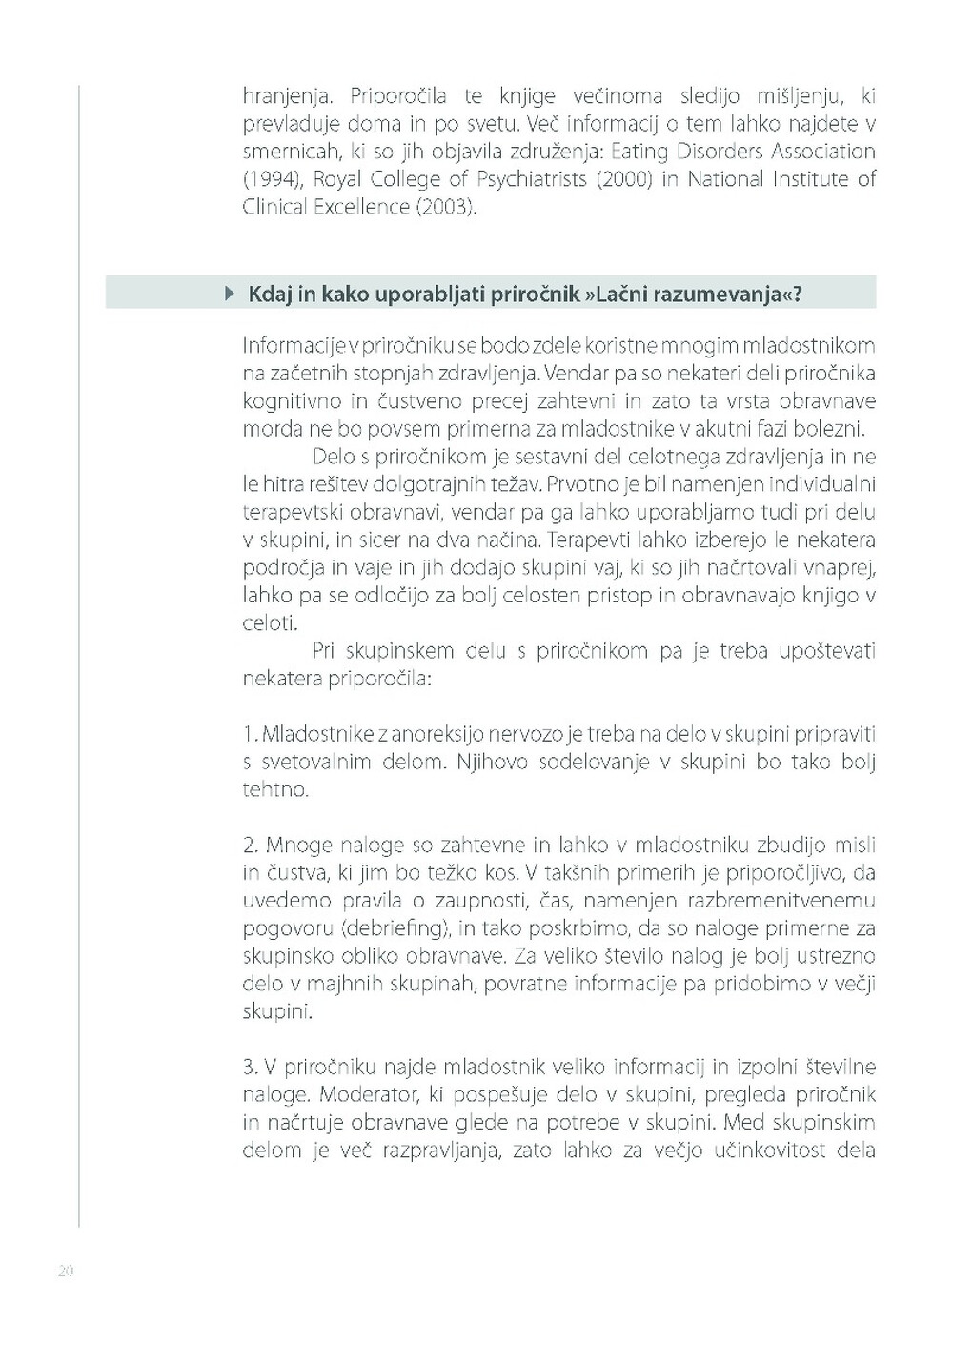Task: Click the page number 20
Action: (x=66, y=1271)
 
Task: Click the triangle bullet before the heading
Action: (x=229, y=294)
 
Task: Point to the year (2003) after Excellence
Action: (x=445, y=207)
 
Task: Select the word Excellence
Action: (x=361, y=207)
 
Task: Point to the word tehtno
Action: (x=275, y=790)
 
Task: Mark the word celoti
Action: (x=270, y=624)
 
